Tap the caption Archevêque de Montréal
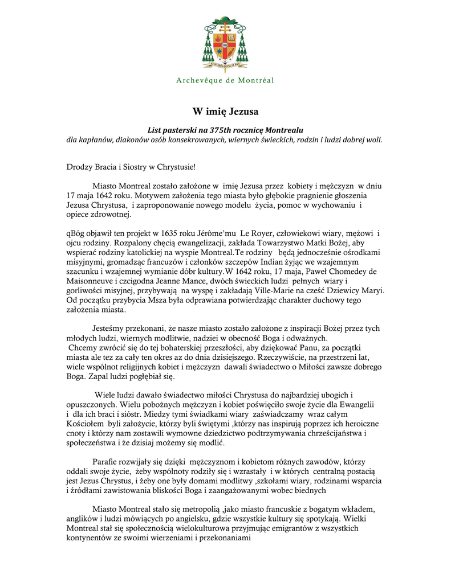225,80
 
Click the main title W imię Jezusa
225,110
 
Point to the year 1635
165,233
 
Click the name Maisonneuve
94,281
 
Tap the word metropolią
197,509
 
